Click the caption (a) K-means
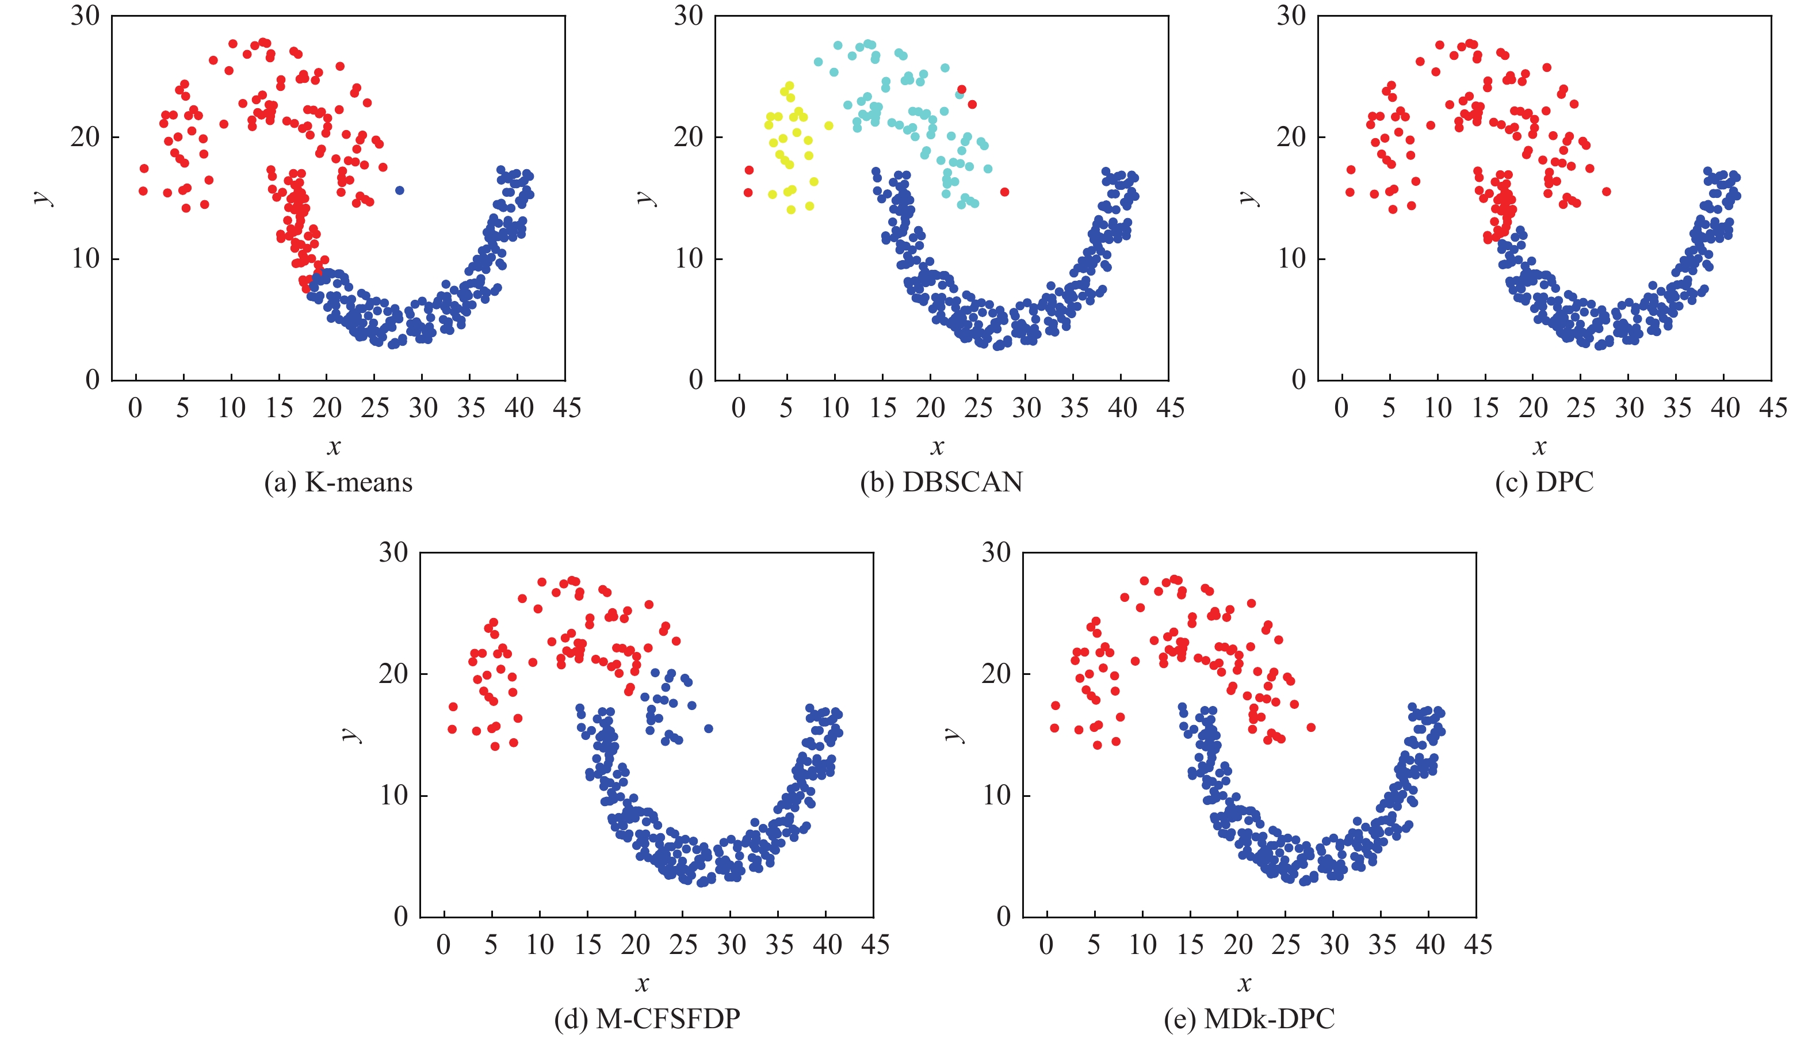coord(338,483)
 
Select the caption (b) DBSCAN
coord(941,483)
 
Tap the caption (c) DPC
coord(1544,483)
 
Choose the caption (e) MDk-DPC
coord(1249,1019)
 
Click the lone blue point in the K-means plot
coord(400,190)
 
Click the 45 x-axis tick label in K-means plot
coord(567,409)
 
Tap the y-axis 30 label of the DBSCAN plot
coord(689,16)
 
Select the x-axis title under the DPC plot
coord(1540,447)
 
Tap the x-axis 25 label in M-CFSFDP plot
coord(683,945)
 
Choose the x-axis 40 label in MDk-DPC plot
coord(1430,945)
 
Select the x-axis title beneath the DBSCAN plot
coord(937,447)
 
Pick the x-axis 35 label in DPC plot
coord(1677,409)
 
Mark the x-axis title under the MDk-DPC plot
coord(1244,984)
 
